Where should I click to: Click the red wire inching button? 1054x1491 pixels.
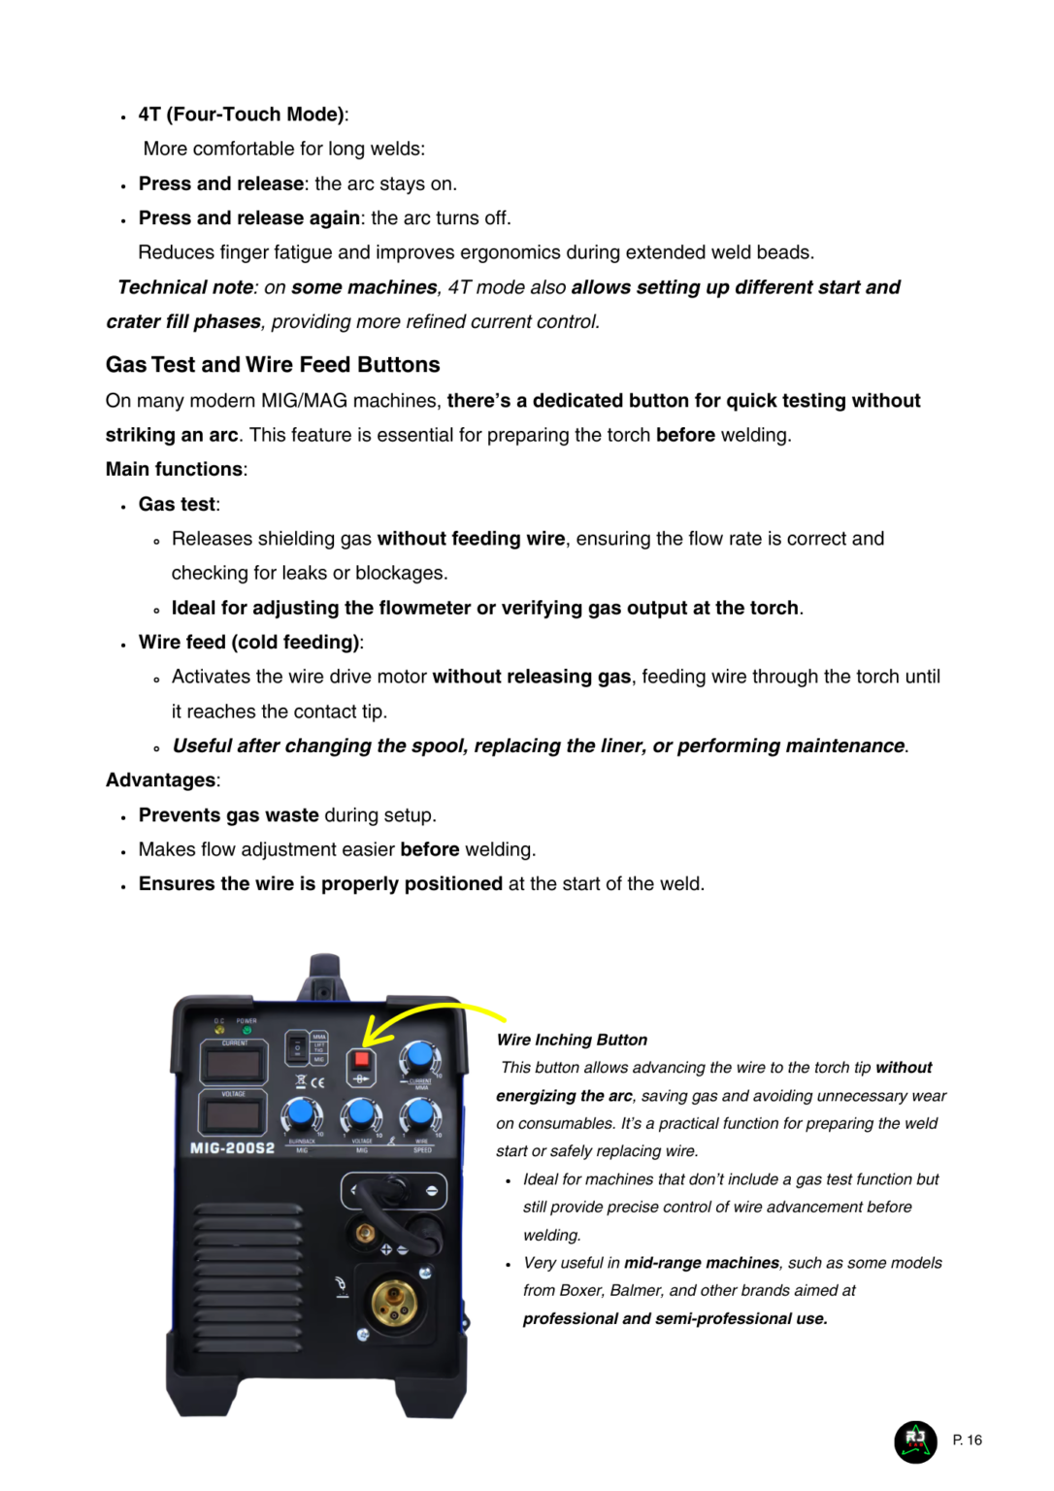coord(361,1059)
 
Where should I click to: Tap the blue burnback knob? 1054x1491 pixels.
coord(301,1113)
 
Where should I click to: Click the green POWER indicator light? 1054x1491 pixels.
coord(247,1031)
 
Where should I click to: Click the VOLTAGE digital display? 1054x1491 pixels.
coord(233,1114)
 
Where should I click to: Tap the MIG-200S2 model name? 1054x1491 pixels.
coord(232,1148)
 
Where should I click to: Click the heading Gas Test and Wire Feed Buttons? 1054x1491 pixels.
coord(273,365)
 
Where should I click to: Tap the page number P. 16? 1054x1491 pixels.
coord(967,1441)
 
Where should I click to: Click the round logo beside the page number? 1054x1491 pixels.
coord(915,1441)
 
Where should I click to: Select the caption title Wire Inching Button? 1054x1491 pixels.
coord(572,1040)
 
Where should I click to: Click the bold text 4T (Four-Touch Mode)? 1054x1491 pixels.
coord(242,115)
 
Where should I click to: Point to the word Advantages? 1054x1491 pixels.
coord(161,780)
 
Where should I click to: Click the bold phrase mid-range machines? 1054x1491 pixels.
coord(701,1263)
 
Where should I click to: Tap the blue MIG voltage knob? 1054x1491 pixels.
coord(361,1113)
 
